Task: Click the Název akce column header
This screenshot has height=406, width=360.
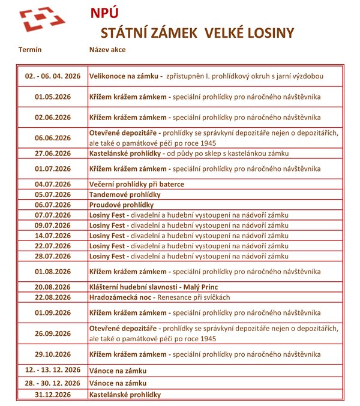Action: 107,49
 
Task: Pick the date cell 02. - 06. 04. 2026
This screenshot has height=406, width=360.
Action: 53,76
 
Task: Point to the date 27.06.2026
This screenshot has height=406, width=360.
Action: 53,153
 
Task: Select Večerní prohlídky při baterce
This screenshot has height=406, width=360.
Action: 136,184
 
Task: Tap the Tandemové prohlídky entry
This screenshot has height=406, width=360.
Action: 124,194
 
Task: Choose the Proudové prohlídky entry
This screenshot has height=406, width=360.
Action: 121,204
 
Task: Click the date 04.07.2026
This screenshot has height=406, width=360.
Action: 53,184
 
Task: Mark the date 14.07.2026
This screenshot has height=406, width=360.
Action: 53,236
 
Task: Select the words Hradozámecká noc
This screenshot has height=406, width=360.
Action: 122,297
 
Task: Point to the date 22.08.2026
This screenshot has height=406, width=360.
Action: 53,297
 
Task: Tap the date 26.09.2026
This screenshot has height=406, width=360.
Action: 53,333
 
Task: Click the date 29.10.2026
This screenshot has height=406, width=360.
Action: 53,354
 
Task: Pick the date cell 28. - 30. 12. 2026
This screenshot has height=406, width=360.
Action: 53,383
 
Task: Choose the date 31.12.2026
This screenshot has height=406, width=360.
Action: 53,394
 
